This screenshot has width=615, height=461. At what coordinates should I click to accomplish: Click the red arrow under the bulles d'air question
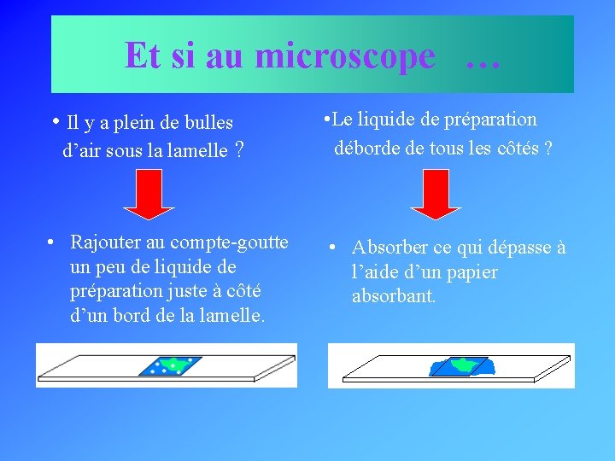click(149, 201)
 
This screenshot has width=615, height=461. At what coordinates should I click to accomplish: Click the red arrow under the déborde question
click(435, 201)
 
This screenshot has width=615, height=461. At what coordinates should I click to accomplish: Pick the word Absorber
click(389, 248)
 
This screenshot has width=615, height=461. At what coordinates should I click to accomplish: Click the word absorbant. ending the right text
click(394, 297)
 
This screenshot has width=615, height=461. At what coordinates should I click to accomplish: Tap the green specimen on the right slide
click(462, 365)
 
